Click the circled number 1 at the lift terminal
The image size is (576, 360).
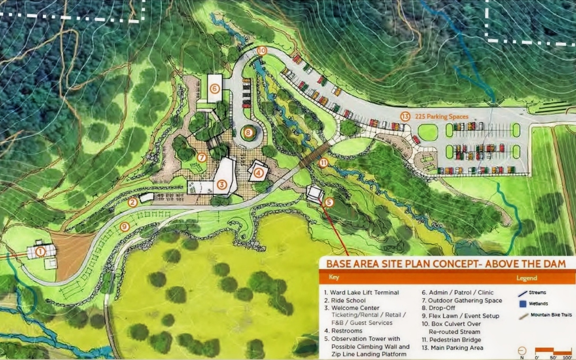pos(40,251)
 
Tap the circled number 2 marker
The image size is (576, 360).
pos(132,202)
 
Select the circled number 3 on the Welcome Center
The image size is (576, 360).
pos(222,185)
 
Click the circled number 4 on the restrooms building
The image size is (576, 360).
pos(259,172)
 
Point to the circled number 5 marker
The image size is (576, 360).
pos(329,202)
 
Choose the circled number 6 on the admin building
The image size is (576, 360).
pos(214,89)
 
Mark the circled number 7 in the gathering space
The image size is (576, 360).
pos(201,157)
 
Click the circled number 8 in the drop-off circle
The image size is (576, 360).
pos(248,132)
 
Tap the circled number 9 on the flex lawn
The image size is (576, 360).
pos(125,226)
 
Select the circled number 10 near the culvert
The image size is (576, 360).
pos(262,51)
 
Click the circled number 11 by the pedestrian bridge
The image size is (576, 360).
pos(323,162)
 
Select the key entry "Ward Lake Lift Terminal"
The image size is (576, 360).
pos(365,293)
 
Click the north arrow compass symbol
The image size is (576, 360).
pos(522,350)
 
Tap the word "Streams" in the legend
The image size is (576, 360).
pos(538,293)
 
